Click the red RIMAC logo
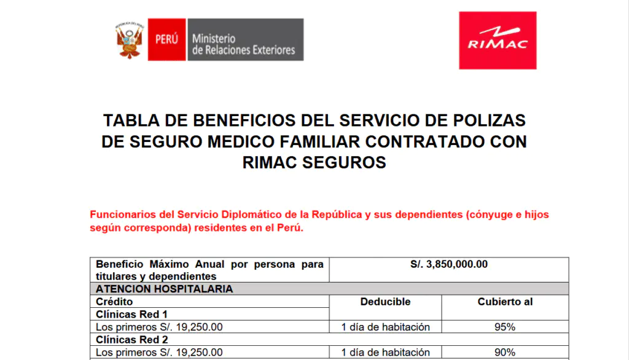coord(498,41)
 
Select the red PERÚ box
coord(166,39)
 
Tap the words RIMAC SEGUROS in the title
coord(314,163)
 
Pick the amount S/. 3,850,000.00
coord(449,264)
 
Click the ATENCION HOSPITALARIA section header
coord(164,289)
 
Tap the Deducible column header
coord(385,302)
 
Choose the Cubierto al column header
coord(505,302)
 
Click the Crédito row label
coord(114,302)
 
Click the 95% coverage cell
coord(505,327)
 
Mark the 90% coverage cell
coord(505,352)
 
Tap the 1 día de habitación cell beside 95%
coord(385,327)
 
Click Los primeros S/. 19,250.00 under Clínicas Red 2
coord(160,352)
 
